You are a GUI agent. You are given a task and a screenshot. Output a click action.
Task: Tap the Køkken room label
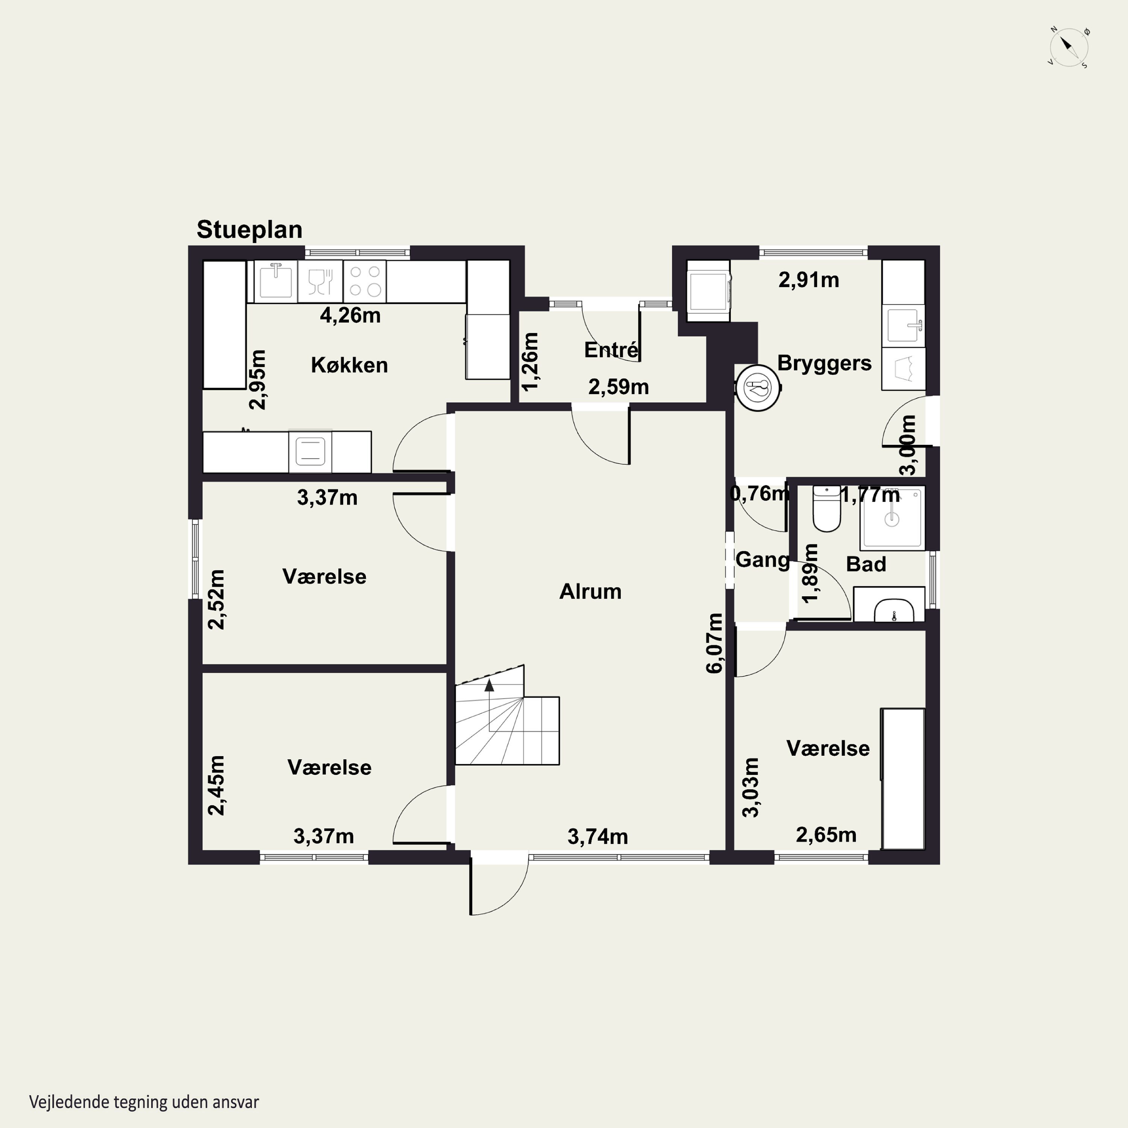coord(349,365)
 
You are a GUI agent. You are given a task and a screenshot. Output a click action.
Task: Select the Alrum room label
coord(590,591)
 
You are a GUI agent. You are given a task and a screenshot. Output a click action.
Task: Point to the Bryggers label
coord(824,363)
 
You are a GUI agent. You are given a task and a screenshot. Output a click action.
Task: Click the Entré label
coord(611,349)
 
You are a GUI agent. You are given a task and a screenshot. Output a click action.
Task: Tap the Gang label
coord(762,559)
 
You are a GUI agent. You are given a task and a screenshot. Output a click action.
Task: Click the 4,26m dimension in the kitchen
coord(350,315)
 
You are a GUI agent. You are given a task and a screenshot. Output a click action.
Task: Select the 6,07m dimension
coord(715,643)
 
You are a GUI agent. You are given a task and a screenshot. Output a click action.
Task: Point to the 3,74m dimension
coord(598,837)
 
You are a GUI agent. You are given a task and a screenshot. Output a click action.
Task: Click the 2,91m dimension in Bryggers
coord(809,280)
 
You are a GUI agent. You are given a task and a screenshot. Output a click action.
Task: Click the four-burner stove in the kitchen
coord(365,281)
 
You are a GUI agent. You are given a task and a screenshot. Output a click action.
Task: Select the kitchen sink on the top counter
coord(276,281)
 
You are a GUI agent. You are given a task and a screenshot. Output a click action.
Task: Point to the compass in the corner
coord(1069,46)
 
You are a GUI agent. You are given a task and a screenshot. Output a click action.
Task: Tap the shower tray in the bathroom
coord(892,517)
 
